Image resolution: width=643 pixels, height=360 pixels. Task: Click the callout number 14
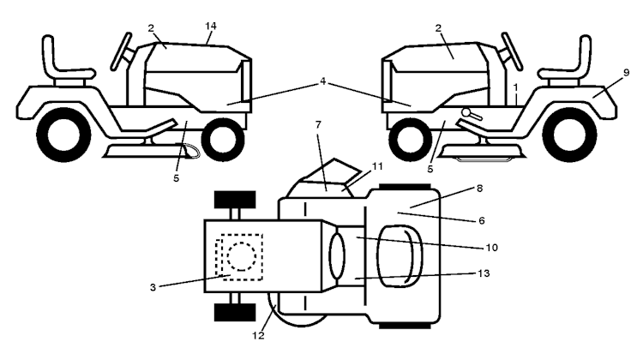(x=210, y=27)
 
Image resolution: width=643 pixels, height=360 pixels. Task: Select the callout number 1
(x=516, y=87)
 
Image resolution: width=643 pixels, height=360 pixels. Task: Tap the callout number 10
(x=491, y=247)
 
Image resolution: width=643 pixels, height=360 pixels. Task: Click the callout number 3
(x=153, y=287)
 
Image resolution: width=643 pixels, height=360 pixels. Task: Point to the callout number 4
(x=321, y=81)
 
